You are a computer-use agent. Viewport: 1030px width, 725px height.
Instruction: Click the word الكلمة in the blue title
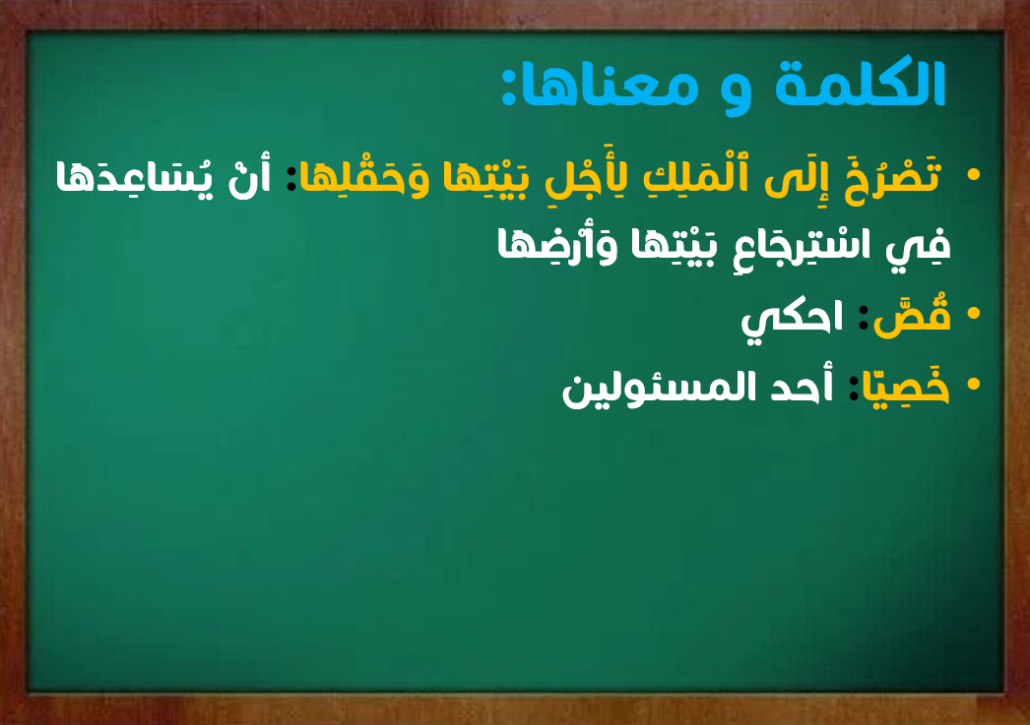click(861, 84)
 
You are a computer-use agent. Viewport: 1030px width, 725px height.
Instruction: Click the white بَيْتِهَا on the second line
click(673, 245)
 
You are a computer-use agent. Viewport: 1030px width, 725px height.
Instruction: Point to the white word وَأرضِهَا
click(557, 245)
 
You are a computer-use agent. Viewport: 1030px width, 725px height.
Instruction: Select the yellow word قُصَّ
click(912, 318)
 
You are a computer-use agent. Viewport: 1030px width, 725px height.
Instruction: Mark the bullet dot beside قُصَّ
click(974, 313)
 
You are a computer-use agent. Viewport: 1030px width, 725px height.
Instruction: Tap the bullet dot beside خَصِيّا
click(974, 384)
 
